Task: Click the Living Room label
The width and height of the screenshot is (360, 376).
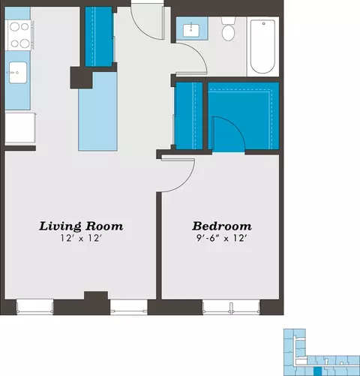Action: [x=81, y=226]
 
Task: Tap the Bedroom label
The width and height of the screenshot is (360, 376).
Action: [x=222, y=226]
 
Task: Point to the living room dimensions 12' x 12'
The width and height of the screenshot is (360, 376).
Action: [x=81, y=238]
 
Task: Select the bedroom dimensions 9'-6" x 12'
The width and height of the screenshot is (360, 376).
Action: [x=222, y=238]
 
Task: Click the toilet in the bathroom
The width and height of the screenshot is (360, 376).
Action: [x=228, y=29]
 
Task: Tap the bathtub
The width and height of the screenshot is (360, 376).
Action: [x=262, y=47]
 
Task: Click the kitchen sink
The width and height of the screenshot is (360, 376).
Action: [x=18, y=73]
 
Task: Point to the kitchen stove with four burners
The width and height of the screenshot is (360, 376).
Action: [x=19, y=35]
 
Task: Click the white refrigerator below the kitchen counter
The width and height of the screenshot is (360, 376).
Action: [x=20, y=128]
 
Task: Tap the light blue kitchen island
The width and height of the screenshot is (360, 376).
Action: [x=97, y=112]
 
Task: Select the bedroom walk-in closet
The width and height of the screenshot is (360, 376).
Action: [x=244, y=116]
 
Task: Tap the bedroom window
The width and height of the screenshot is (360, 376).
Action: [x=231, y=307]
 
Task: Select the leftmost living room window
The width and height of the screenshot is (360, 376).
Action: [x=34, y=306]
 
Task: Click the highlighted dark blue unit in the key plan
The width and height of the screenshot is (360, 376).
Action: [x=317, y=371]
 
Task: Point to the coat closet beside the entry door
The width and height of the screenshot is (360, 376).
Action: [x=99, y=37]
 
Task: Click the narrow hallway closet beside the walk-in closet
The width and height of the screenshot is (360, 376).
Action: [x=189, y=116]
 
